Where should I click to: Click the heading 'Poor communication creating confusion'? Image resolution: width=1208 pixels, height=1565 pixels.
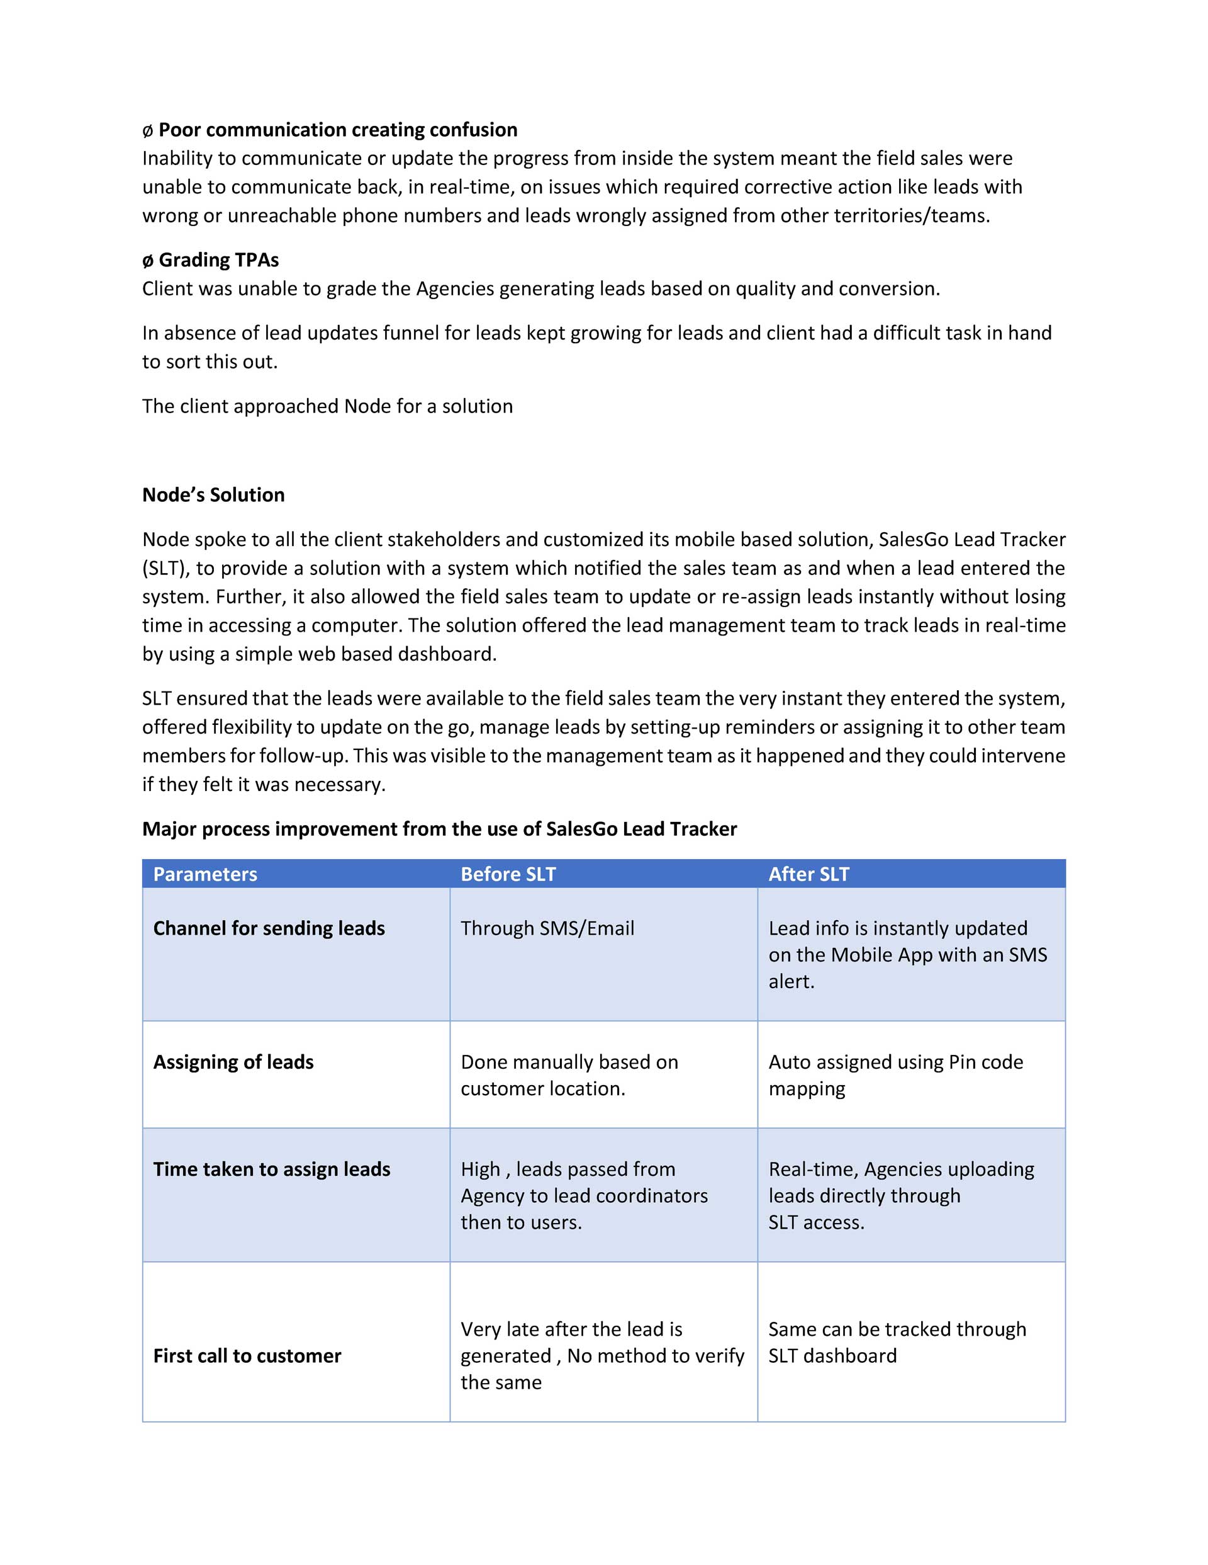[337, 130]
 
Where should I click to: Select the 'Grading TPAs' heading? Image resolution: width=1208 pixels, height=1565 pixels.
[218, 259]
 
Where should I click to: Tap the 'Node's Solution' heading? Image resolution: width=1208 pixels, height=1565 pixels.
[213, 494]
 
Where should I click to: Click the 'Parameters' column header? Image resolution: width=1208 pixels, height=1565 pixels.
[205, 874]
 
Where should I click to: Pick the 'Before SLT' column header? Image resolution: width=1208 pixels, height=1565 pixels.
[508, 874]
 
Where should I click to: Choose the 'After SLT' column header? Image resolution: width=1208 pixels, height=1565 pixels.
[808, 874]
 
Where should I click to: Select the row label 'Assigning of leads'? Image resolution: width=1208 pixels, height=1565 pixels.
[233, 1062]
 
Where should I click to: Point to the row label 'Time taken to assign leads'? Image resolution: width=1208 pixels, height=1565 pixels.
[271, 1169]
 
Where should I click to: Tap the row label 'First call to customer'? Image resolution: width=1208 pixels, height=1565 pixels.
[247, 1356]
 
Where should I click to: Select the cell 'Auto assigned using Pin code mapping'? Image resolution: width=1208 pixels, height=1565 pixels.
[895, 1075]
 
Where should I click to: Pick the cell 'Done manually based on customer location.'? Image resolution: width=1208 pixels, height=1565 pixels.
[569, 1075]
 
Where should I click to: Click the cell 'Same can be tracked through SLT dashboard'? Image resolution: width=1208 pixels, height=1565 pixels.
[897, 1342]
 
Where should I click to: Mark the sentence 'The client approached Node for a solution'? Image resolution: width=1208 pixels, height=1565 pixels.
[327, 406]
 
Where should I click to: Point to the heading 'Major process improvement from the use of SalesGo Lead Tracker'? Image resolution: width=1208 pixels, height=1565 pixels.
[439, 829]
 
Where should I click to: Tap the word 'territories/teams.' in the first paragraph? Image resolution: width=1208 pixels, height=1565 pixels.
[912, 215]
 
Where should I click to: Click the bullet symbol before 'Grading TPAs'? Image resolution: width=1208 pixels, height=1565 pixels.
[147, 260]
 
